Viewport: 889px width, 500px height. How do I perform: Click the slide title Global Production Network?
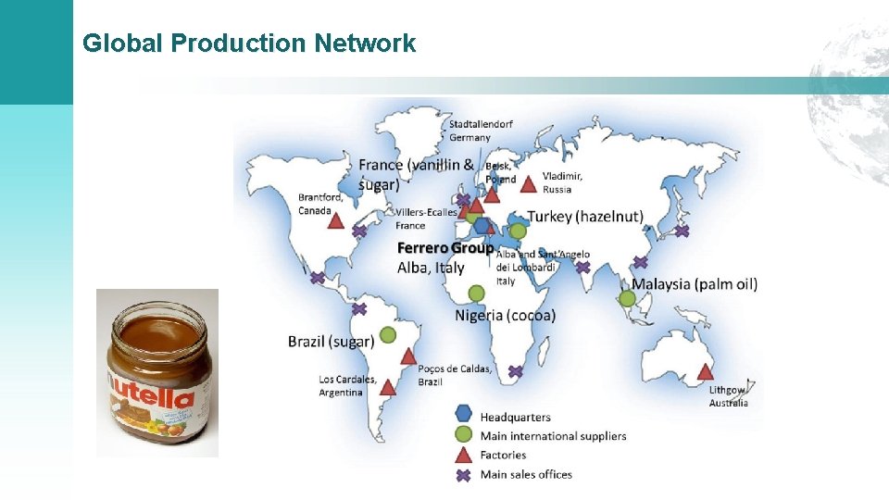(x=249, y=43)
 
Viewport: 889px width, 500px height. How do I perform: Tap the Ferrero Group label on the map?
(x=444, y=248)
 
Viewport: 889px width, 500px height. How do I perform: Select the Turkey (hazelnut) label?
(x=585, y=217)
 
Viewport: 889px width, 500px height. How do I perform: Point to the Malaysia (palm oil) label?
(x=695, y=283)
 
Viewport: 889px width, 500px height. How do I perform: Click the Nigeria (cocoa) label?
(x=506, y=316)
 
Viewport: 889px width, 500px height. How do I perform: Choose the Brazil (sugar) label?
(x=331, y=342)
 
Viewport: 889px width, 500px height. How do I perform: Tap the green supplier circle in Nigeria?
(x=476, y=294)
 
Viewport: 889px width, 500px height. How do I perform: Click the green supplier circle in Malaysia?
(x=627, y=298)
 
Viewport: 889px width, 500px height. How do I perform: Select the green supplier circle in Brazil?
(x=388, y=334)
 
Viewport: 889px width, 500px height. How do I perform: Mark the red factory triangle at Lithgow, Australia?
(x=705, y=372)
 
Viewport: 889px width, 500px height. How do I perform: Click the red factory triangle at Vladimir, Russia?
(x=528, y=184)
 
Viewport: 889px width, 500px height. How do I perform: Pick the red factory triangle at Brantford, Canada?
(x=335, y=221)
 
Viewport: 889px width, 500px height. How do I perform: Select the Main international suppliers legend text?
(x=553, y=436)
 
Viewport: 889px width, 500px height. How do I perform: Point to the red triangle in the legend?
(x=464, y=455)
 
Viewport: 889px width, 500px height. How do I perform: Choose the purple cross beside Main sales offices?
(x=464, y=475)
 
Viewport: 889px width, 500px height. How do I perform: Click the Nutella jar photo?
(x=157, y=373)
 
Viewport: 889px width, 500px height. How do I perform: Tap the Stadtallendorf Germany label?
(x=482, y=131)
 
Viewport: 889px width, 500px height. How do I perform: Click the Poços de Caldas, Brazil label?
(x=455, y=375)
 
